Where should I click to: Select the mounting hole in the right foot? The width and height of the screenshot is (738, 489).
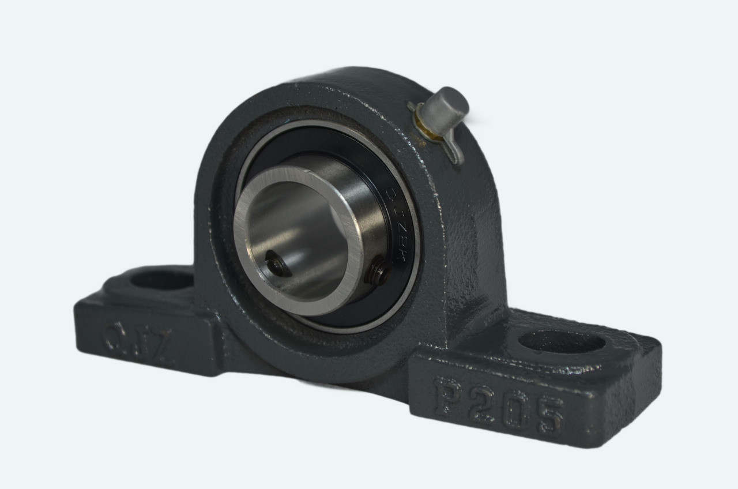(x=562, y=342)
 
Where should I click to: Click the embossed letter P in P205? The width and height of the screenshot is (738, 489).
(x=449, y=397)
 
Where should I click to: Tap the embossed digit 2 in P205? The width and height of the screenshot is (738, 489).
(x=481, y=404)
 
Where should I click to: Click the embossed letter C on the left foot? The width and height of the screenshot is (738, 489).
(x=116, y=335)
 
